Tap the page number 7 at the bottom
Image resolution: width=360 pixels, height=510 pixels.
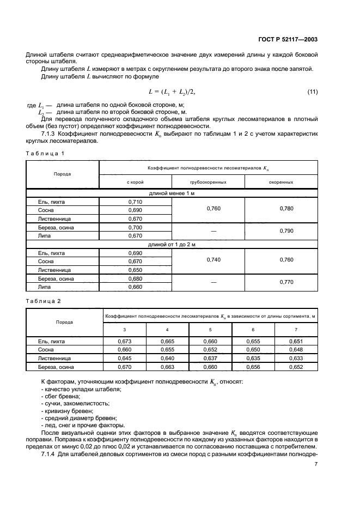click(316, 464)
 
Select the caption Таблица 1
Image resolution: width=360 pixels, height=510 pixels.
click(45, 153)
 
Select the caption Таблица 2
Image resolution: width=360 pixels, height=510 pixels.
click(45, 300)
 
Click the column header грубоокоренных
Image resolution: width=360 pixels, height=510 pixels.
click(208, 182)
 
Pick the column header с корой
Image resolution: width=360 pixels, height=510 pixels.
click(135, 182)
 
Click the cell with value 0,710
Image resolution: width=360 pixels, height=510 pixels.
click(135, 202)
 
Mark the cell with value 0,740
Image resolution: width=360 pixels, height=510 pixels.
click(208, 260)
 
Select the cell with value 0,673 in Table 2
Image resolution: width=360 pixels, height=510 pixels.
click(125, 341)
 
